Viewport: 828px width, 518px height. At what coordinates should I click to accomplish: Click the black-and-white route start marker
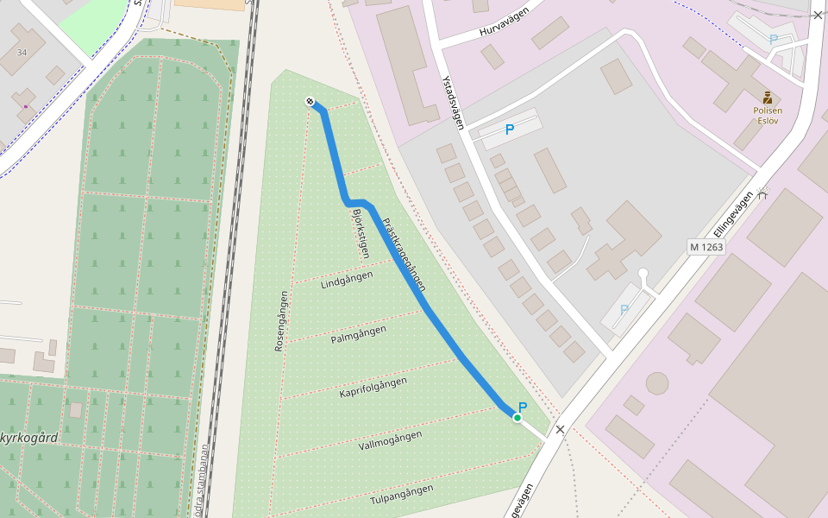pyautogui.click(x=310, y=102)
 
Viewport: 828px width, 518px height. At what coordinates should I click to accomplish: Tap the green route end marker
pyautogui.click(x=517, y=418)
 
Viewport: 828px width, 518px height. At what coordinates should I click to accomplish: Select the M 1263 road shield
pyautogui.click(x=706, y=247)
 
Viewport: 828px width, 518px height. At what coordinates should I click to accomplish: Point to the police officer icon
pyautogui.click(x=767, y=98)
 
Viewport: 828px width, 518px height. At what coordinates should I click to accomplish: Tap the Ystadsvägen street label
pyautogui.click(x=453, y=103)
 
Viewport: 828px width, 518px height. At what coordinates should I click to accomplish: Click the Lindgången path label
pyautogui.click(x=347, y=281)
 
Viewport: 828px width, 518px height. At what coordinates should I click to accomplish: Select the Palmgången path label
pyautogui.click(x=358, y=334)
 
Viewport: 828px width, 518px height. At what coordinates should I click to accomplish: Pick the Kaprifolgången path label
pyautogui.click(x=373, y=387)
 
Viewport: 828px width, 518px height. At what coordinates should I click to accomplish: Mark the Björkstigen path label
pyautogui.click(x=356, y=234)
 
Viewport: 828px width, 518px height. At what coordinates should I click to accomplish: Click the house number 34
pyautogui.click(x=22, y=54)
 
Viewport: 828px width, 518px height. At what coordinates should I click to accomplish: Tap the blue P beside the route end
pyautogui.click(x=523, y=407)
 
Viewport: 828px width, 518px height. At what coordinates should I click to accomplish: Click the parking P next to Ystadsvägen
pyautogui.click(x=510, y=129)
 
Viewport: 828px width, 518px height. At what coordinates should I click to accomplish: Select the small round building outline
pyautogui.click(x=657, y=383)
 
